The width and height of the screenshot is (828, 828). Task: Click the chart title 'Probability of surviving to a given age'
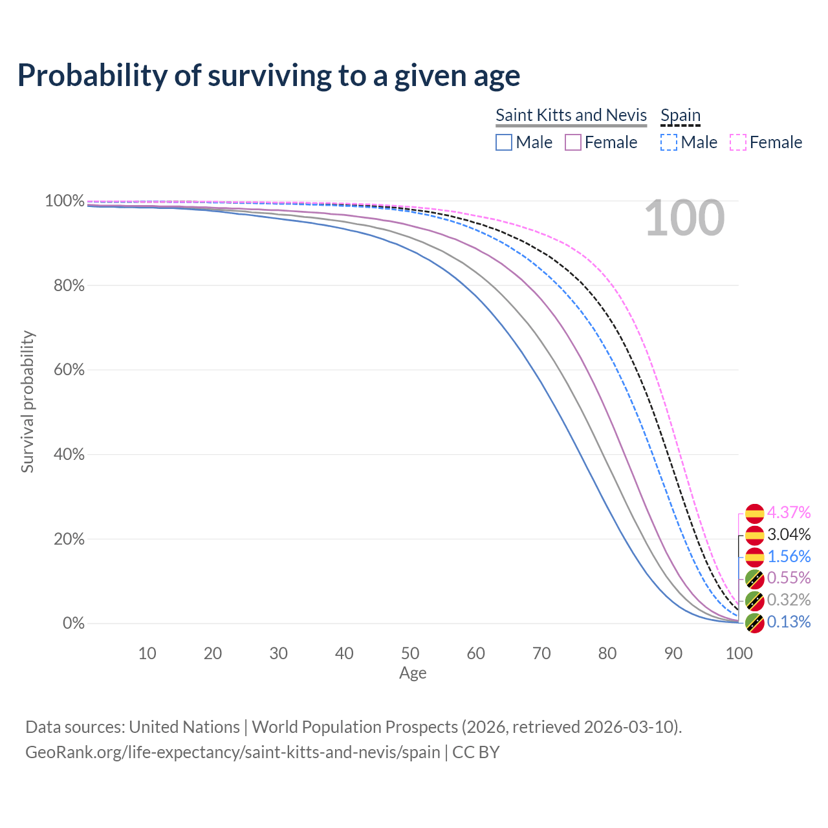click(x=268, y=76)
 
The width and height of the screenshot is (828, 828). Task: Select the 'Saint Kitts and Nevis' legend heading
click(x=571, y=115)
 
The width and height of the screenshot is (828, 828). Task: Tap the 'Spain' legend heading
click(x=681, y=115)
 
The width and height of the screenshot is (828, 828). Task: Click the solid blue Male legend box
click(x=504, y=142)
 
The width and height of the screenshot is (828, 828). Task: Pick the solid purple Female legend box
click(x=573, y=142)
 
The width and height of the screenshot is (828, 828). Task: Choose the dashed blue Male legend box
click(x=669, y=142)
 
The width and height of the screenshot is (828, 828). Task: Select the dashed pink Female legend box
click(x=738, y=142)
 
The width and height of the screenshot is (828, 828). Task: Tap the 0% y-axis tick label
click(x=74, y=624)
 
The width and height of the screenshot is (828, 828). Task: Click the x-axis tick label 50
click(x=410, y=653)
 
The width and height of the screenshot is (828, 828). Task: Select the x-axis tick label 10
click(x=147, y=653)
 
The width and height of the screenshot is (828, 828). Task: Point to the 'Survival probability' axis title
click(x=27, y=402)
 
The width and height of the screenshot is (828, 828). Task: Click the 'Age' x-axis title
click(x=413, y=673)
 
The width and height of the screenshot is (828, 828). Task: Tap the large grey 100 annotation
click(x=684, y=218)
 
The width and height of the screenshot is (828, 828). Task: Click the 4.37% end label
click(x=789, y=513)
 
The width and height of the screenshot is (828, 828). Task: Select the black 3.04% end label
click(x=789, y=534)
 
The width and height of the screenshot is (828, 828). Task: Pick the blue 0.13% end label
click(x=789, y=622)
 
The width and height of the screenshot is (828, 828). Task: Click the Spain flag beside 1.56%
click(x=754, y=557)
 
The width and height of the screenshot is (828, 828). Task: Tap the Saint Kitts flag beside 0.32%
click(x=754, y=601)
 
